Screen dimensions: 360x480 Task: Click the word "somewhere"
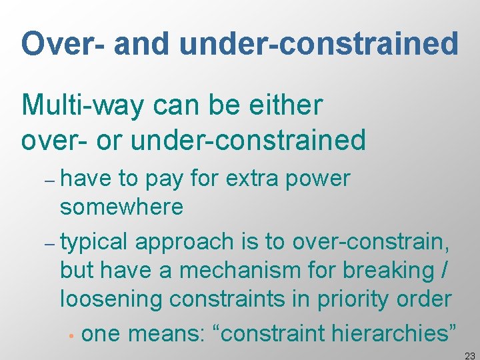(121, 207)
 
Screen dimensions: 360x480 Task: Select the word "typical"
(95, 241)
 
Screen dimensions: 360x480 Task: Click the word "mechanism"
(257, 270)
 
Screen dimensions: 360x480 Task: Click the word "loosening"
(111, 299)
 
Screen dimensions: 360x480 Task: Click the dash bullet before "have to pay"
(51, 181)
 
